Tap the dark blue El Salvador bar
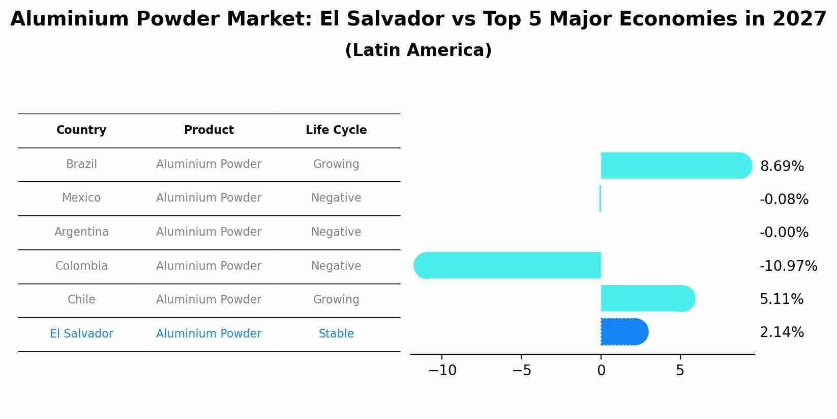coord(623,332)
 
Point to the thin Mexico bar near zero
coord(600,199)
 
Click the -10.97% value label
coord(788,266)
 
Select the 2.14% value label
coord(782,332)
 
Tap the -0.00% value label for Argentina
coord(784,233)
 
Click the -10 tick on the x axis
coord(442,371)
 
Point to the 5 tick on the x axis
coord(680,371)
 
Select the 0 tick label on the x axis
coord(601,371)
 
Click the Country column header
coord(81,130)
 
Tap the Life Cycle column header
coord(336,130)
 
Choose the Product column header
coord(208,130)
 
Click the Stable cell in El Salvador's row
coord(336,334)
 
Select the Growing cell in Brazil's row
coord(336,164)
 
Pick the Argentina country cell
coord(81,232)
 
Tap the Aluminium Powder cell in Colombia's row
coord(208,266)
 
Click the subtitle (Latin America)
coord(418,50)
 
